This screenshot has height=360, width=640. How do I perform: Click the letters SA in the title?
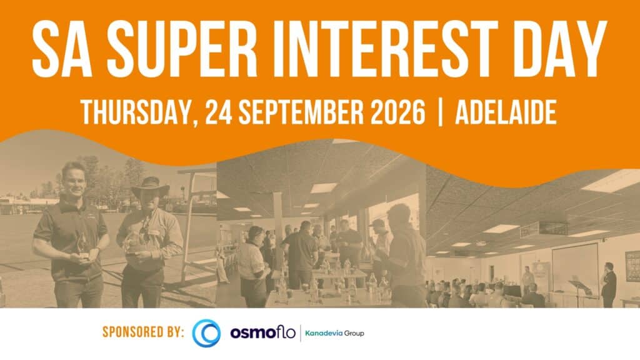pos(62,49)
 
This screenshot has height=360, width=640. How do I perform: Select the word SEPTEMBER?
pos(301,112)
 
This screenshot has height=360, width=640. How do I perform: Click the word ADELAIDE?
pos(506,112)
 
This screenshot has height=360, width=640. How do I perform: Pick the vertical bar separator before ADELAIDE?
pos(440,112)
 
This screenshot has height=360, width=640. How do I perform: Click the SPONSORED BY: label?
pos(143,332)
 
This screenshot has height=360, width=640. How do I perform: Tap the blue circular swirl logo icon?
pos(206,333)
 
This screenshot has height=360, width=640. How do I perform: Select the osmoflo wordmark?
pos(262,332)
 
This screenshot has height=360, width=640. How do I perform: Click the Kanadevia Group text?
pos(334,333)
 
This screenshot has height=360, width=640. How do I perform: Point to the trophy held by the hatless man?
pos(83,246)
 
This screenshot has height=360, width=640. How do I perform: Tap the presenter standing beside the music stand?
pos(609,284)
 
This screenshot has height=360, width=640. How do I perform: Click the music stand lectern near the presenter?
pos(579,292)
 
